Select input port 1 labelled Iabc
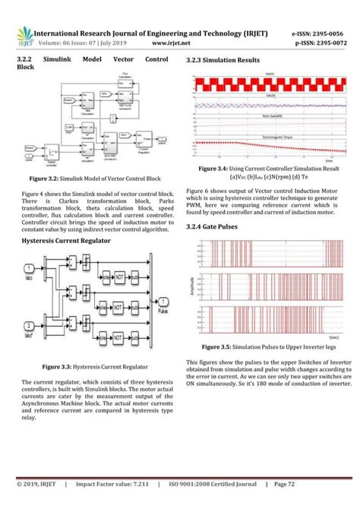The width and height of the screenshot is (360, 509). point(28,268)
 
